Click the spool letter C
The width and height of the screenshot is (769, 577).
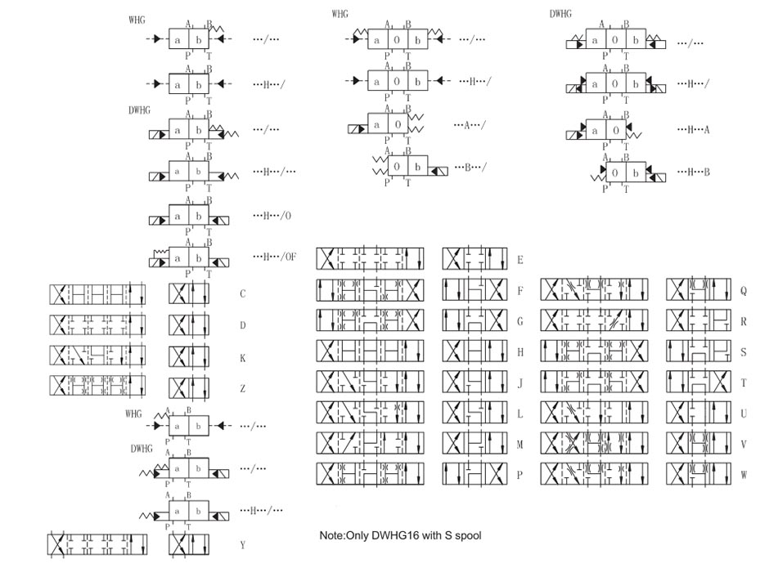click(x=243, y=293)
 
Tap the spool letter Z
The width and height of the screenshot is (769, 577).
click(x=243, y=390)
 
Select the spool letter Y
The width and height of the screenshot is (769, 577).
click(x=243, y=544)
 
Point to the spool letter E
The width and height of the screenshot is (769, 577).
click(x=520, y=259)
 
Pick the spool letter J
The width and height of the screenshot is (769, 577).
click(x=520, y=382)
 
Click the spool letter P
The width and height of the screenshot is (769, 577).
click(x=520, y=474)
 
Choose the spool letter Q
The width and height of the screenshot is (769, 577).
click(x=743, y=290)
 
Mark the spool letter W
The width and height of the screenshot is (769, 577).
click(x=743, y=474)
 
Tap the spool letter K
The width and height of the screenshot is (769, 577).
click(x=243, y=358)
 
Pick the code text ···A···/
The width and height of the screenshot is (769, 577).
click(x=470, y=125)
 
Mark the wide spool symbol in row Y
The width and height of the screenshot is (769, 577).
click(x=98, y=545)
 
